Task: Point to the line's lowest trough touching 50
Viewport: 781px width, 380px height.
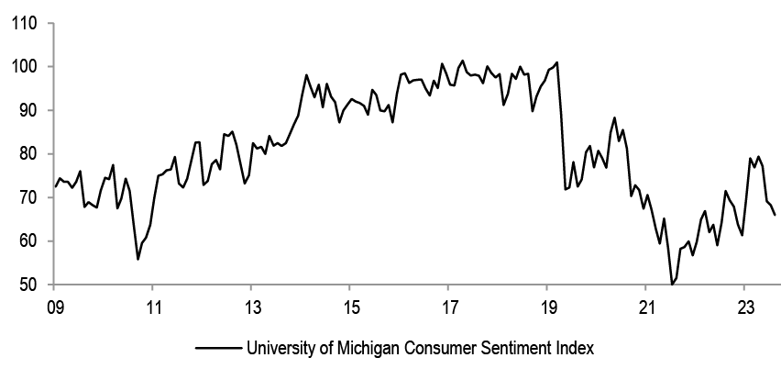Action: [x=672, y=285]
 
